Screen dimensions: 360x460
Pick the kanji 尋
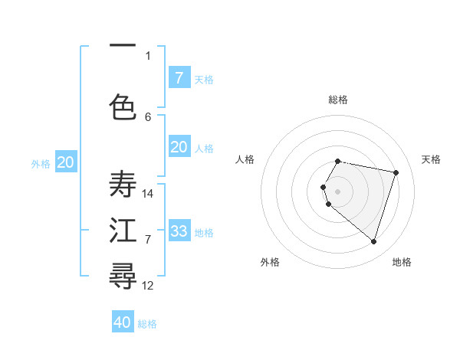(123, 276)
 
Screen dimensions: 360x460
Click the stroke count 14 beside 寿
(148, 194)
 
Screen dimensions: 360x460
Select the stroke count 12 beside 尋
(148, 286)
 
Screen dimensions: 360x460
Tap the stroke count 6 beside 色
(148, 116)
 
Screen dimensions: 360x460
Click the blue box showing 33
(179, 231)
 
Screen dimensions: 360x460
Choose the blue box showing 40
(123, 322)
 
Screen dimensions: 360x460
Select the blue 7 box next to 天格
(179, 77)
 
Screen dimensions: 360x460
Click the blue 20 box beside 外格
(66, 162)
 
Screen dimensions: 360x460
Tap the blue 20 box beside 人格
(179, 147)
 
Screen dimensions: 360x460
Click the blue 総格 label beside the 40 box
(148, 324)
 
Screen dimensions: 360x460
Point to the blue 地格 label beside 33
(205, 232)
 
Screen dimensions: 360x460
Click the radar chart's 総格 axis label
(338, 100)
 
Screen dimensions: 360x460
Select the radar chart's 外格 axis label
(270, 262)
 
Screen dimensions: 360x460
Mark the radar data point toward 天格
(396, 172)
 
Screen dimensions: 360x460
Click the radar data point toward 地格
(373, 242)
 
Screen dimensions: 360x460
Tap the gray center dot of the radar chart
(338, 191)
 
